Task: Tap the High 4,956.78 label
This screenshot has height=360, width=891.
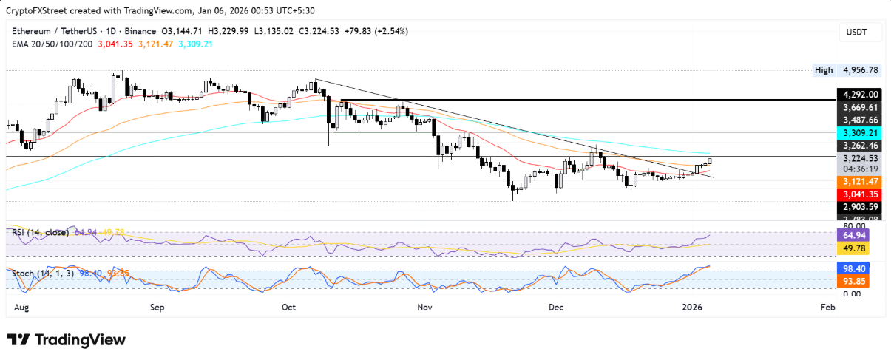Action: coord(846,70)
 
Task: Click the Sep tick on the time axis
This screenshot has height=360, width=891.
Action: coord(157,306)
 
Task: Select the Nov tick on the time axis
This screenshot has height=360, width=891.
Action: coord(424,306)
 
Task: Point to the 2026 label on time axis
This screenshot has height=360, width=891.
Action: coord(691,306)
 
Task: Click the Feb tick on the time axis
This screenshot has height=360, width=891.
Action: coord(827,306)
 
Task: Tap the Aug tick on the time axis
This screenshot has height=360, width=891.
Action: coord(21,306)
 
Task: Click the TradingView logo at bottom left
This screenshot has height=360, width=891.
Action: coord(67,339)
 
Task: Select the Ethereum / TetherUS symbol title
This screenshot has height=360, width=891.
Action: coord(52,31)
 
